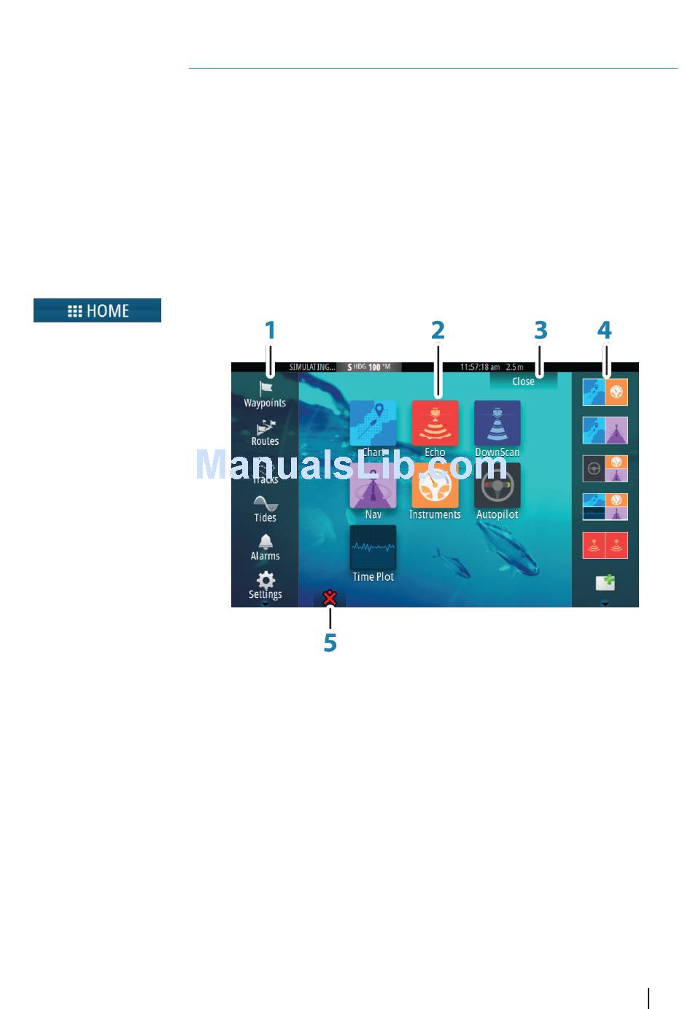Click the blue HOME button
pos(97,311)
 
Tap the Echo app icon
pos(435,423)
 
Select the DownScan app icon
pos(498,423)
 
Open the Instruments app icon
pos(435,486)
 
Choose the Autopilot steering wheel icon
pos(498,486)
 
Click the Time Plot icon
pos(373,548)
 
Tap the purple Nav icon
pos(373,486)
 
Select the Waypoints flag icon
pos(266,389)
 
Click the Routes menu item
pos(266,433)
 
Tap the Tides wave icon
pos(266,503)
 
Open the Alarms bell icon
pos(266,542)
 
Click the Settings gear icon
pos(266,581)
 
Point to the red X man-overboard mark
pos(330,599)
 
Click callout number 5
pos(330,643)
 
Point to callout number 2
pos(438,330)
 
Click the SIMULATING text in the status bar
pos(312,367)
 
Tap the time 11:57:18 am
pos(479,367)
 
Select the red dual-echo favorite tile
pos(605,545)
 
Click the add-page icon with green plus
pos(605,582)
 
